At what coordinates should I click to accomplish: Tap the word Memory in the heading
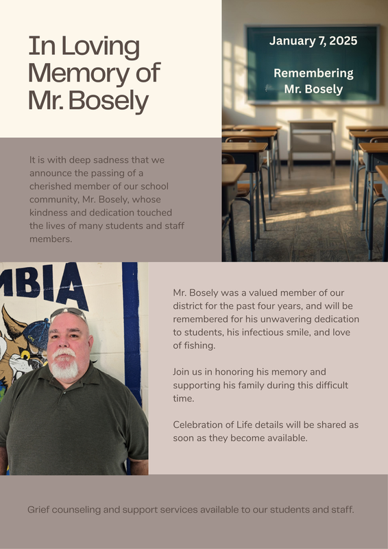click(x=71, y=73)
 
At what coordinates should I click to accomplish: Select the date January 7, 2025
click(x=313, y=41)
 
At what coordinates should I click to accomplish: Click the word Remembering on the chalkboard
click(x=313, y=73)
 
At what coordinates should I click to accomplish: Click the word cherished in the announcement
click(x=51, y=186)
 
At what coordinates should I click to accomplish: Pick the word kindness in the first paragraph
click(x=49, y=213)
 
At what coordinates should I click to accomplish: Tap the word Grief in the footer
click(x=38, y=510)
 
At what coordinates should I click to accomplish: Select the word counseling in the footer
click(x=80, y=510)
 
